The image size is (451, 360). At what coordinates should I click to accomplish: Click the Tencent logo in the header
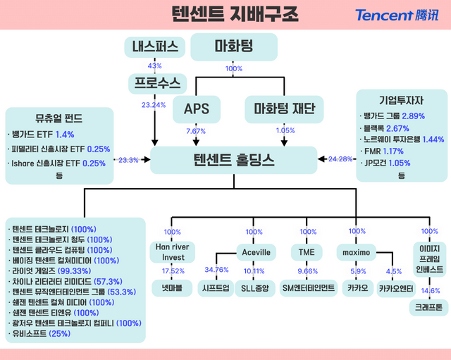[395, 15]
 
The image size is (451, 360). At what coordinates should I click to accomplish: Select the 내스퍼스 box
[155, 47]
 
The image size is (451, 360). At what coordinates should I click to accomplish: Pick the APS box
[196, 108]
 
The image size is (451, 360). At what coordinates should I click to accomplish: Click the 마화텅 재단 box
[283, 108]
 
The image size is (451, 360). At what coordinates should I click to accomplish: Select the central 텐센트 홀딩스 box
[233, 161]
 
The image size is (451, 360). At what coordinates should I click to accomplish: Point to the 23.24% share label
[154, 105]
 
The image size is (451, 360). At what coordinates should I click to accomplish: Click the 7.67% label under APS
[196, 130]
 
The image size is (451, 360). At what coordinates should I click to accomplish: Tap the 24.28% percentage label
[340, 159]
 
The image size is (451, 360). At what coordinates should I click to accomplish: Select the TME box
[308, 252]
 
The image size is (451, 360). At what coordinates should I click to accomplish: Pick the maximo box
[357, 252]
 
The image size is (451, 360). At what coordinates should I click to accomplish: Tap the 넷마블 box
[172, 287]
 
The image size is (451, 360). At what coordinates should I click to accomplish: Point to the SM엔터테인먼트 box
[308, 287]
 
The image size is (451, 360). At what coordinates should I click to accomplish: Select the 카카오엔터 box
[395, 287]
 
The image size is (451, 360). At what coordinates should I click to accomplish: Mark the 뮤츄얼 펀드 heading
[58, 118]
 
